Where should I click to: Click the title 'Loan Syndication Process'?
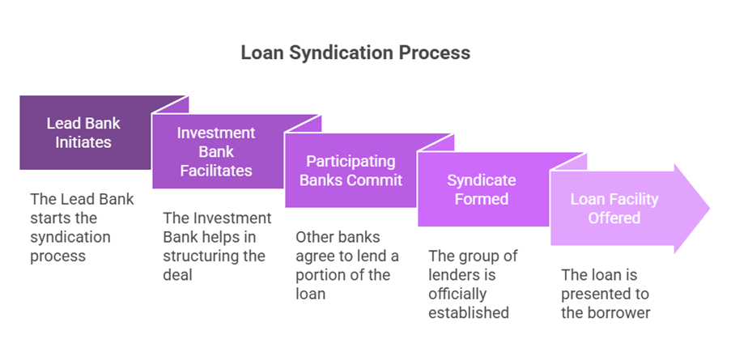tap(355, 53)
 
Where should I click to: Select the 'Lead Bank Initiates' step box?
tap(83, 133)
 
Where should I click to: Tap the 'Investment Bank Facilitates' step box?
tap(215, 151)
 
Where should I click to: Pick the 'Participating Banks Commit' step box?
tap(351, 171)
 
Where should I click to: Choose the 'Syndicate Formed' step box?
tap(481, 189)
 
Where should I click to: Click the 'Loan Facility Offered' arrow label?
tap(614, 208)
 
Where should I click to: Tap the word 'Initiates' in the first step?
tap(83, 142)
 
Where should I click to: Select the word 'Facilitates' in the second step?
tap(215, 171)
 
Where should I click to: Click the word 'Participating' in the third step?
tap(351, 161)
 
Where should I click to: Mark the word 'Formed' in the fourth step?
tap(481, 199)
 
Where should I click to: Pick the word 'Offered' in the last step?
tap(614, 218)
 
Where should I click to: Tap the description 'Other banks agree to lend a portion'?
tap(346, 265)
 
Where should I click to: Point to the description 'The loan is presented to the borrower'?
tap(606, 294)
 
